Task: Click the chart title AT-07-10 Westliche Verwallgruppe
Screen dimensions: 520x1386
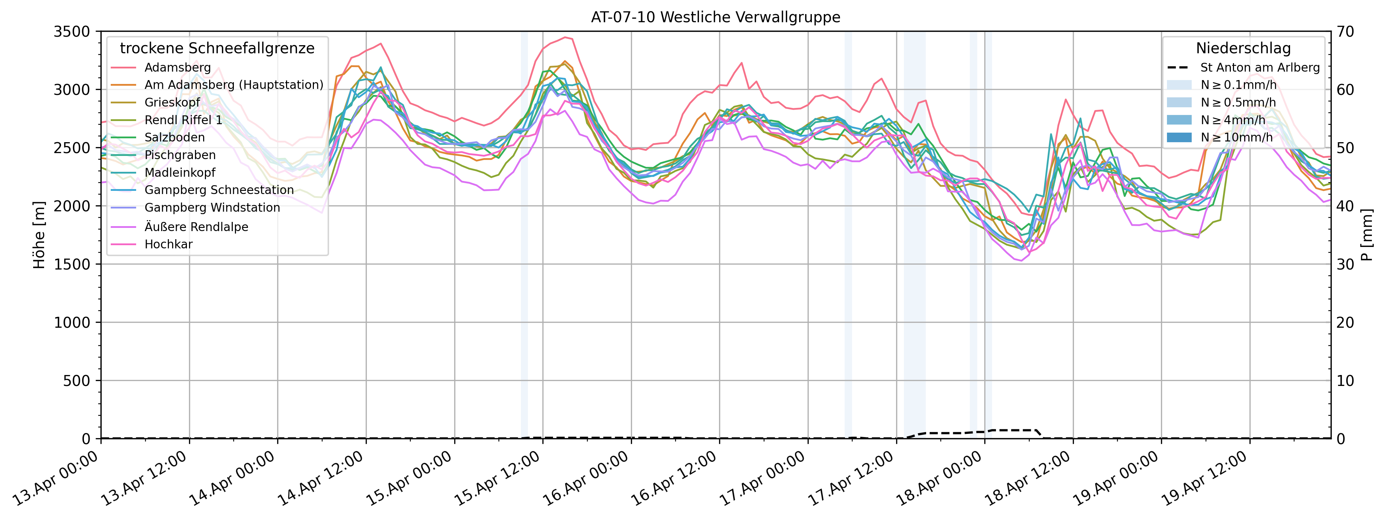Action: (x=715, y=17)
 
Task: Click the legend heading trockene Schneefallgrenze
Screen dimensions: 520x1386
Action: (x=217, y=48)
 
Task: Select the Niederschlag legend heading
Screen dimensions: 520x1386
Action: (x=1243, y=48)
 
